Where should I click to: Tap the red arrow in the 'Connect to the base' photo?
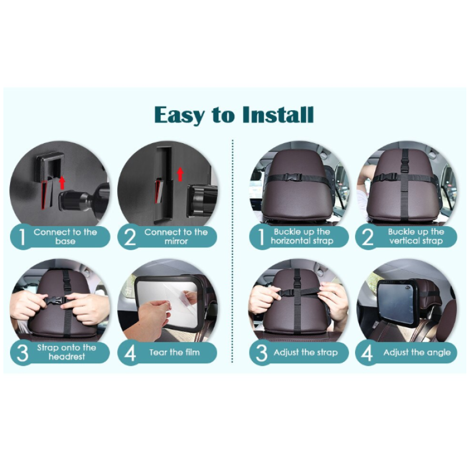[62, 183]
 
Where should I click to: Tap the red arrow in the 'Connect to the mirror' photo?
[180, 174]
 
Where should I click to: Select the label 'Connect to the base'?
[65, 237]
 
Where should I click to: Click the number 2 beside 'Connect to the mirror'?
[130, 237]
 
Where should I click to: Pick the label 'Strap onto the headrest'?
[67, 352]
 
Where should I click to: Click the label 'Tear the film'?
[174, 352]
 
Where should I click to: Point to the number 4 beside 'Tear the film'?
[130, 353]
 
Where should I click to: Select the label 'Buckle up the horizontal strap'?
[302, 237]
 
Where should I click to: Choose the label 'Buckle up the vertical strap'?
[416, 237]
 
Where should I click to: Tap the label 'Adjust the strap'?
[306, 352]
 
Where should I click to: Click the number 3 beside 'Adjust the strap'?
[261, 353]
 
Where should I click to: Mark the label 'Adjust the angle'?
[417, 352]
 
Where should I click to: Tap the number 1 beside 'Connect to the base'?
[22, 237]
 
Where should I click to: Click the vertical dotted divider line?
[233, 251]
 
